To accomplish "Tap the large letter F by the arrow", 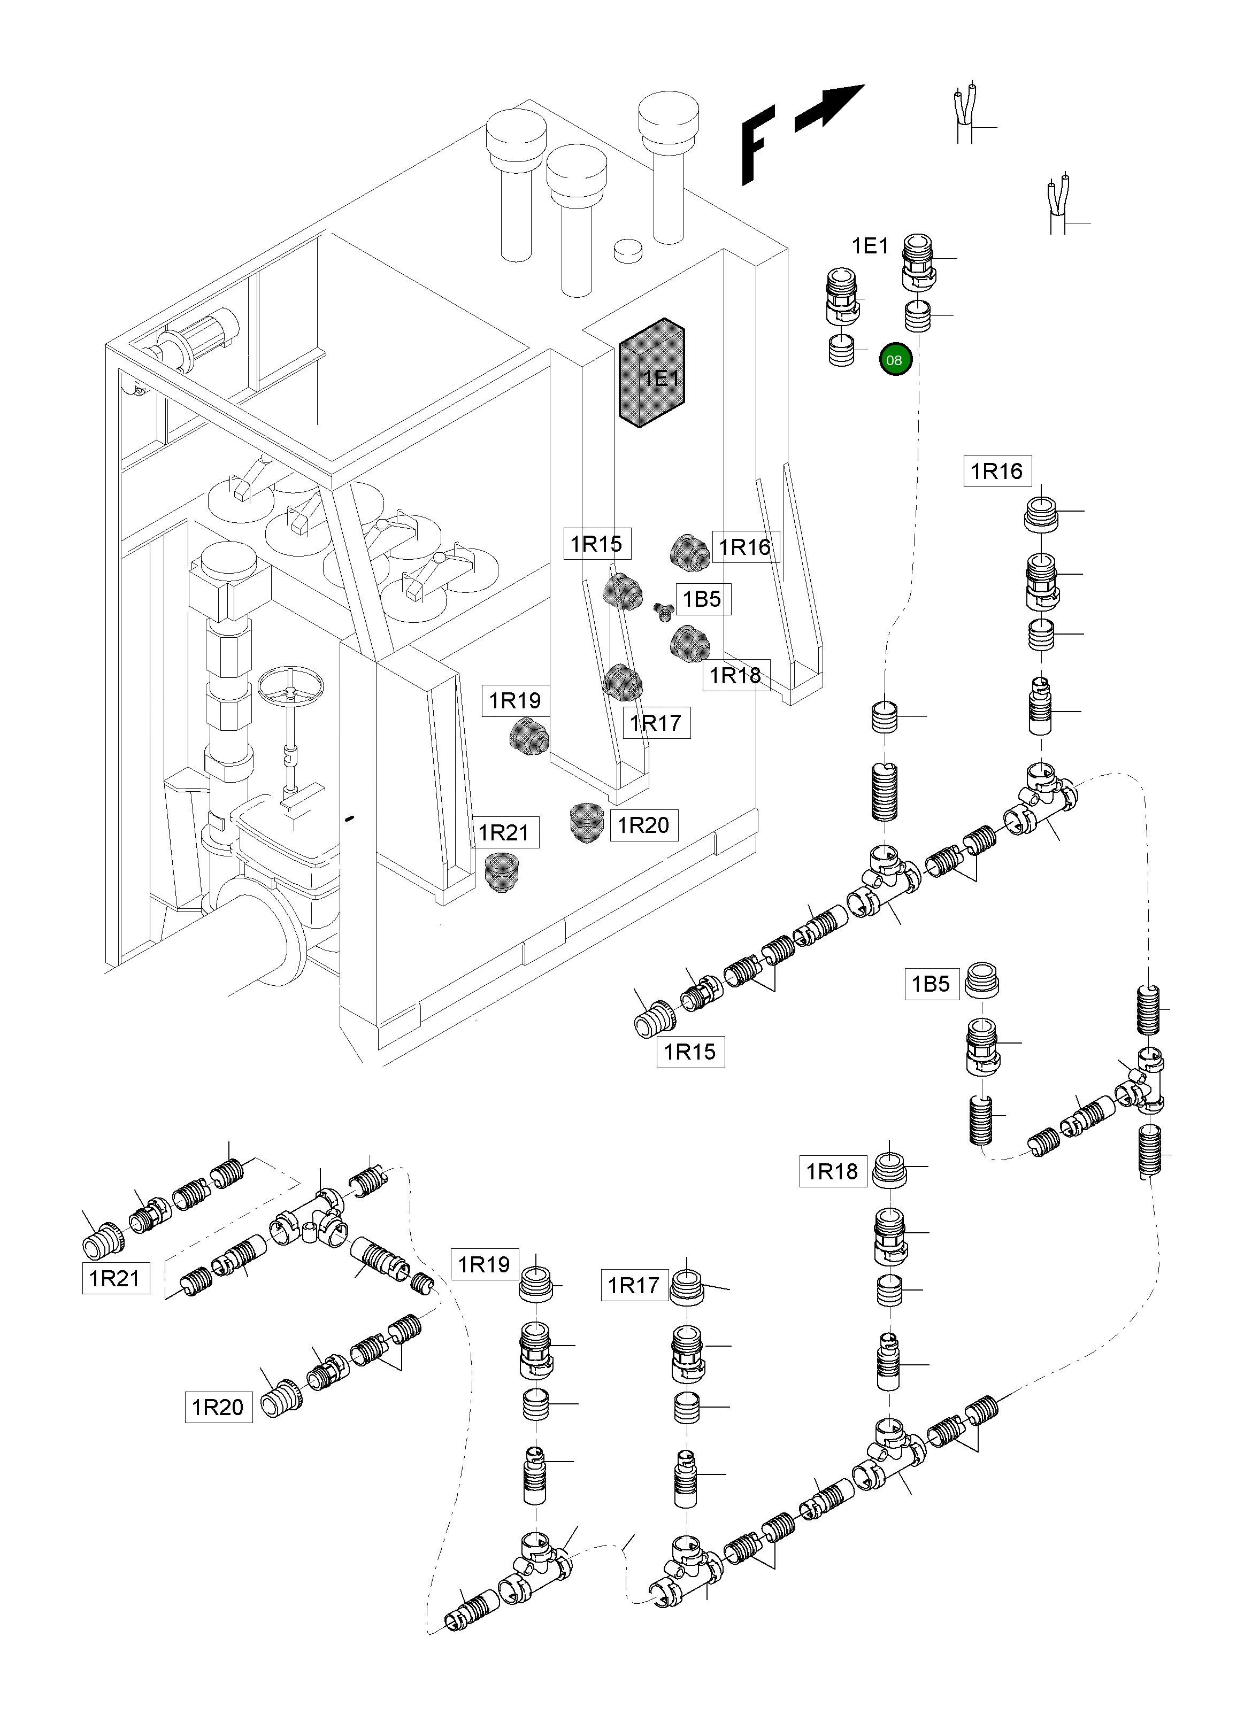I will coord(758,145).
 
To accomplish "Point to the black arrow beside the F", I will coord(831,105).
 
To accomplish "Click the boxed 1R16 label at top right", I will coord(996,471).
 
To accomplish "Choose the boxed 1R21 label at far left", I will coord(115,1278).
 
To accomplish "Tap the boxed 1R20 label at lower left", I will coord(218,1407).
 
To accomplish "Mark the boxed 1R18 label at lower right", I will coord(832,1171).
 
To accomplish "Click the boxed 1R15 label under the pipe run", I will coord(690,1052).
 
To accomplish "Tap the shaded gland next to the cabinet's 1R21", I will coord(500,872).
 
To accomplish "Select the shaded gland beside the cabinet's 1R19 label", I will coord(527,735).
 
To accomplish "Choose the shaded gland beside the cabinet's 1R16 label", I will coord(690,550).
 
